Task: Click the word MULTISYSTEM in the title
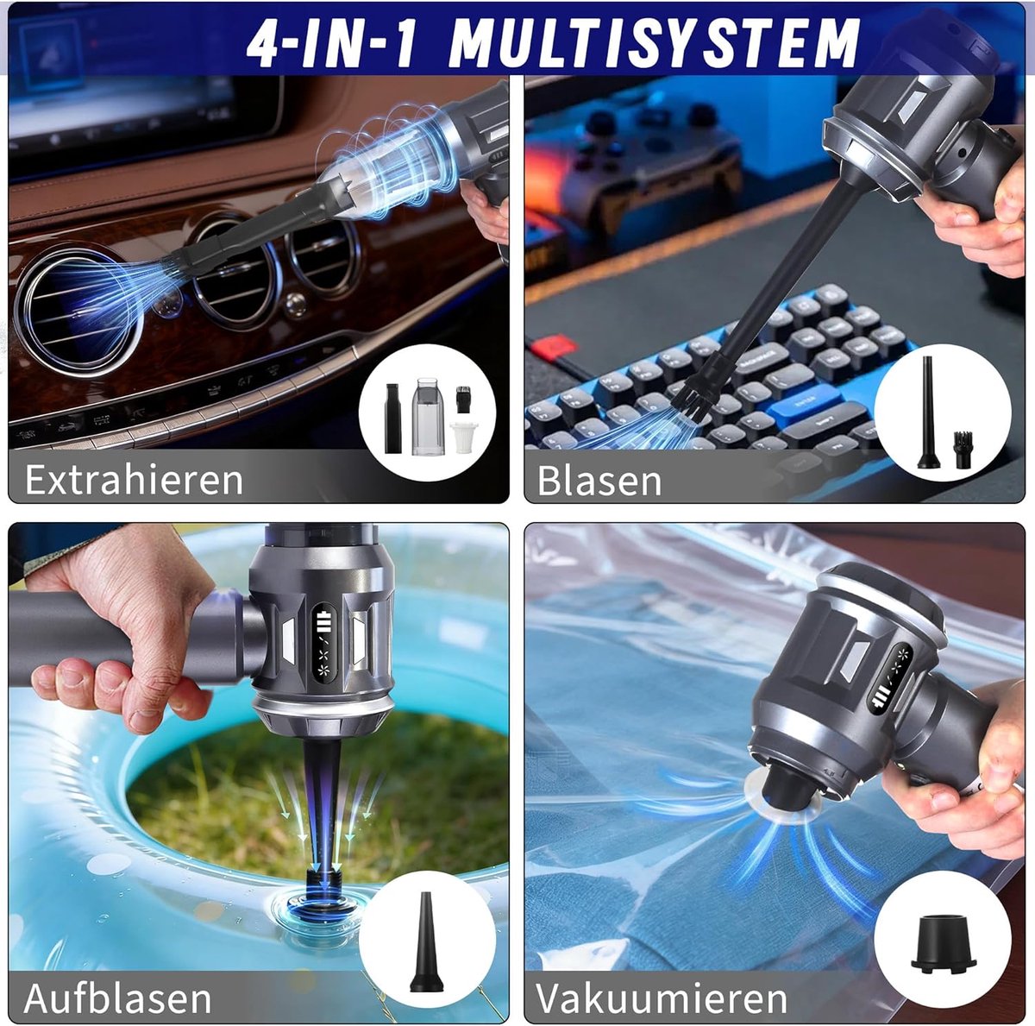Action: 653,42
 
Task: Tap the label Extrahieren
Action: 134,480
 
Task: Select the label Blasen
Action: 599,480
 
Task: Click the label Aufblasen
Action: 117,984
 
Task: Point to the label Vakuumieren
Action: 662,984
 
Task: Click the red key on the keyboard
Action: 555,345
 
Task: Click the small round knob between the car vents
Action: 295,305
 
